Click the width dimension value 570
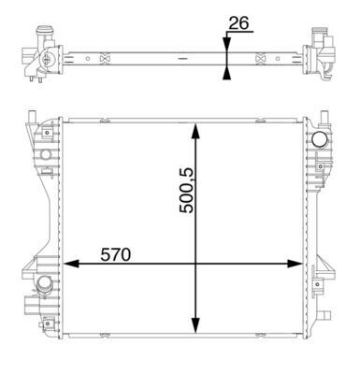(x=109, y=253)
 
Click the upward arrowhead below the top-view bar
(x=227, y=70)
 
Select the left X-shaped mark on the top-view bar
(x=105, y=59)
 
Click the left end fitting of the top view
(x=41, y=58)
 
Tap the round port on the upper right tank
(x=320, y=139)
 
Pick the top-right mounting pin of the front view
(x=325, y=119)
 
